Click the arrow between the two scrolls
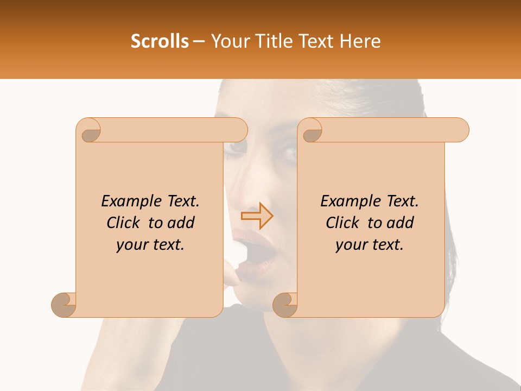click(257, 216)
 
